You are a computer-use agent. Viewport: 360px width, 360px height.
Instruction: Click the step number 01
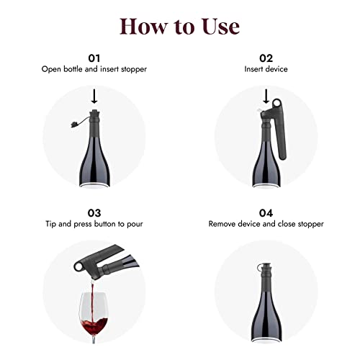pos(94,57)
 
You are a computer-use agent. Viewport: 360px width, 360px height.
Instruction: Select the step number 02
pos(266,57)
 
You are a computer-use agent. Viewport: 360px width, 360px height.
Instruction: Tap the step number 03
pos(94,214)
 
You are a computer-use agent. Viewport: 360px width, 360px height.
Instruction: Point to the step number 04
pos(266,214)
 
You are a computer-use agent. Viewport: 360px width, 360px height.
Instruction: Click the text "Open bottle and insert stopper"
pos(94,69)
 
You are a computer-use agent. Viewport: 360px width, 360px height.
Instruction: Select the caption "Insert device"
pos(266,69)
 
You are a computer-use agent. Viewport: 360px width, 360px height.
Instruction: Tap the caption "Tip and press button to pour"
pos(94,225)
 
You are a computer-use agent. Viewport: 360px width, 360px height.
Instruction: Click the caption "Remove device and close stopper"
pos(266,225)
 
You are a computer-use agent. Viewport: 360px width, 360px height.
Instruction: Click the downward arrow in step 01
pos(95,96)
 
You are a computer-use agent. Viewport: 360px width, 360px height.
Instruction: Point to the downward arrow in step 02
pos(266,96)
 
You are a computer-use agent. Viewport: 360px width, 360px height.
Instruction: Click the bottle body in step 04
pos(266,320)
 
